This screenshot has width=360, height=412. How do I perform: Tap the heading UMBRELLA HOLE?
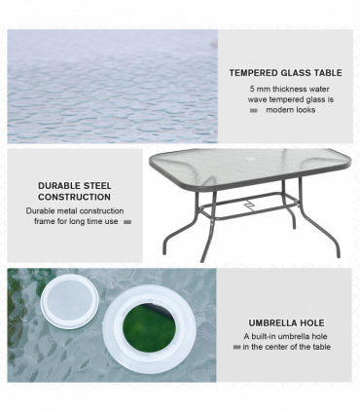click(x=286, y=322)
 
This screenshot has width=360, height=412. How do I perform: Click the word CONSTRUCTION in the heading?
click(x=74, y=197)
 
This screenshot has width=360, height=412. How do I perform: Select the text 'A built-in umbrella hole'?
click(x=285, y=336)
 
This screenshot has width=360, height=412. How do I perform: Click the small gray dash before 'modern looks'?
click(x=254, y=111)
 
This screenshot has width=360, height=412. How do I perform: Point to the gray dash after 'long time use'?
click(x=127, y=222)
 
